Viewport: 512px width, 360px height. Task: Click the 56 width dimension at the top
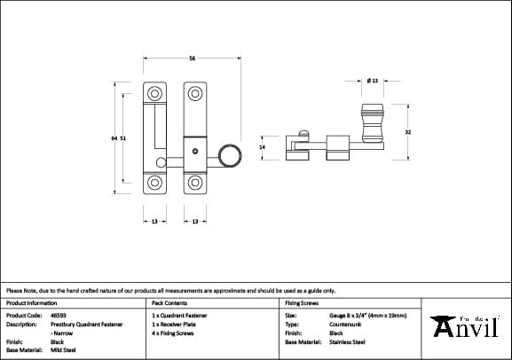tap(193, 59)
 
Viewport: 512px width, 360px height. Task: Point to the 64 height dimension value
tap(114, 138)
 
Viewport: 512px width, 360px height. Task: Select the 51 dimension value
tap(123, 138)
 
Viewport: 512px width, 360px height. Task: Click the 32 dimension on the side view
tap(407, 132)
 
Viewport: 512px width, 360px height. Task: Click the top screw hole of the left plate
tap(154, 92)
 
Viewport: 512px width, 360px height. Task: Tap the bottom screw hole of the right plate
tap(194, 184)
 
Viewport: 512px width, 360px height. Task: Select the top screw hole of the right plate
tap(194, 92)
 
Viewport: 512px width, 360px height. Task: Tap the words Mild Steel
tap(65, 349)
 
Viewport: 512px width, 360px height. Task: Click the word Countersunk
tap(347, 324)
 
